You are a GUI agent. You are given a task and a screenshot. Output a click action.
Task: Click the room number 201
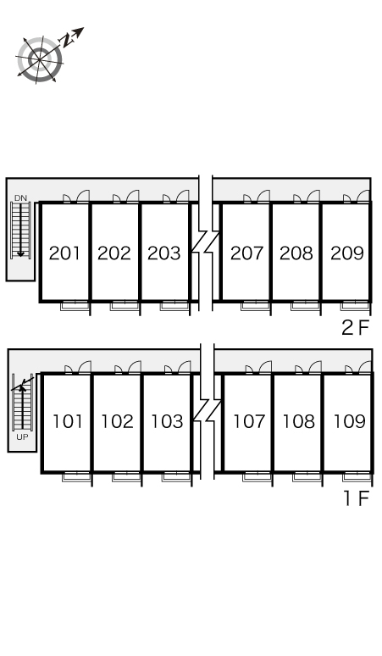click(65, 253)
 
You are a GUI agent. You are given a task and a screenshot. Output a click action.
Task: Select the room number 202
click(114, 253)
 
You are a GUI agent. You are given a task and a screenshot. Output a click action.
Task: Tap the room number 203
click(163, 253)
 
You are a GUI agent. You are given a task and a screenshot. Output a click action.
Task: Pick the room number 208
click(296, 253)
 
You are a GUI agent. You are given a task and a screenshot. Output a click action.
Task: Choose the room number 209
click(346, 253)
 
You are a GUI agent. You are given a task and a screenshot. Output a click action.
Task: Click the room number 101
click(67, 421)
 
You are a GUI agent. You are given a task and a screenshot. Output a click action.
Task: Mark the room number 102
click(117, 421)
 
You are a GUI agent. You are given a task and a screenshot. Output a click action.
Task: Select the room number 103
click(166, 421)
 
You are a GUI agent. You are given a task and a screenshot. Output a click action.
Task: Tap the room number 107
click(249, 421)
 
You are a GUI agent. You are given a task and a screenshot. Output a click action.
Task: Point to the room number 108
click(298, 421)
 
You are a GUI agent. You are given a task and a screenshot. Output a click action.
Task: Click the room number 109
click(348, 421)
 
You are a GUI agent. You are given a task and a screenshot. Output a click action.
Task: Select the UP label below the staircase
click(23, 437)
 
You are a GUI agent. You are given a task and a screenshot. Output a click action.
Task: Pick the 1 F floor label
click(357, 498)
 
